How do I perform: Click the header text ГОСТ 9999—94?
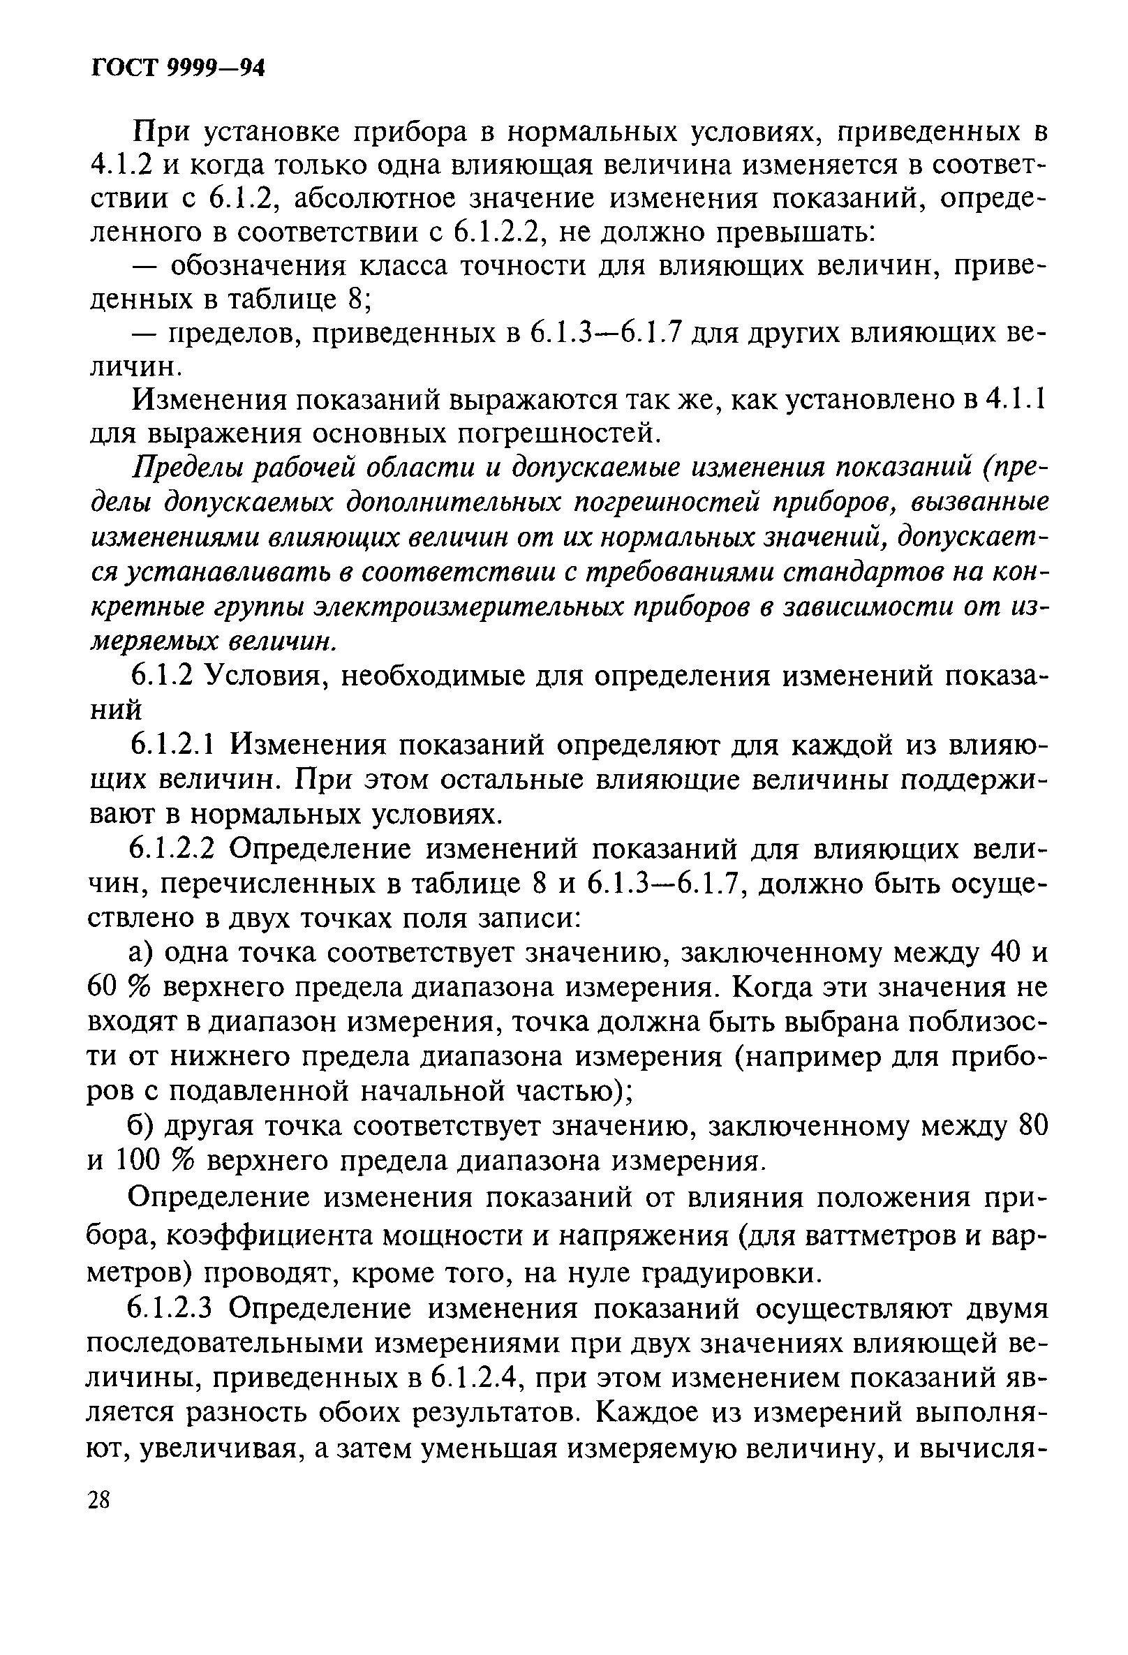tap(178, 68)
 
